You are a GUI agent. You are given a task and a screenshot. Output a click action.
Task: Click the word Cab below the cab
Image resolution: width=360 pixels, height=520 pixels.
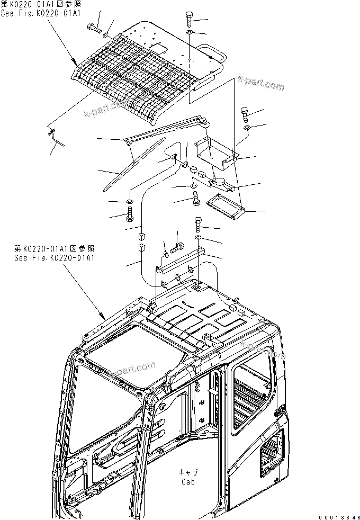187,482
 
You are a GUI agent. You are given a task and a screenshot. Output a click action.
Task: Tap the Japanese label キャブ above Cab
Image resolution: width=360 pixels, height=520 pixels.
187,473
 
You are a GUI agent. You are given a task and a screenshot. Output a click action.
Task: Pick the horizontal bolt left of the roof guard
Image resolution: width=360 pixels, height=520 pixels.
93,28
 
